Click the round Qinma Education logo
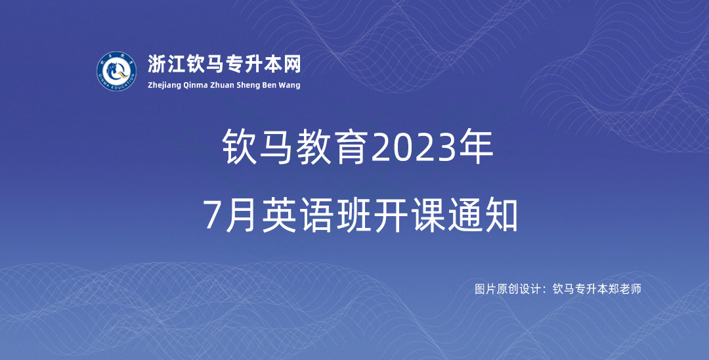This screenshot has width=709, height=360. click(117, 71)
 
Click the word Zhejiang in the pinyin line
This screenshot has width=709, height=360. click(164, 85)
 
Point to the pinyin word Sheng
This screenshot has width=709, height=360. click(247, 85)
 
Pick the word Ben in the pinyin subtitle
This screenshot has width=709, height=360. click(270, 85)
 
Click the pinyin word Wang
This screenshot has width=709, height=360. click(290, 85)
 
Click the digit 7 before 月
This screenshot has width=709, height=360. click(212, 215)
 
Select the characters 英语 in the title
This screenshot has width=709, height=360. click(297, 215)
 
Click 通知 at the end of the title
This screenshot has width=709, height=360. click(483, 215)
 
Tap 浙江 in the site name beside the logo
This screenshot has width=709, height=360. click(166, 64)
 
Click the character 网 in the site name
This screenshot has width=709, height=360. click(291, 64)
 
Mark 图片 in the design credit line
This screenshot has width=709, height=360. click(485, 289)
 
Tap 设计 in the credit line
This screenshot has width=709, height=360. click(530, 289)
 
